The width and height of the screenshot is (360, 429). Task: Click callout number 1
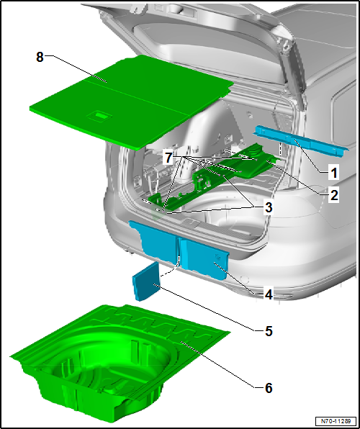pyautogui.click(x=333, y=173)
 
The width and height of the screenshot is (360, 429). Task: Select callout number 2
pyautogui.click(x=333, y=194)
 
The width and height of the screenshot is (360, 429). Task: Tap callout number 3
pyautogui.click(x=267, y=207)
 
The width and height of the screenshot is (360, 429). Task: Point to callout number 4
pyautogui.click(x=267, y=294)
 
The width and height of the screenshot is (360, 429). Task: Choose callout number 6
pyautogui.click(x=267, y=388)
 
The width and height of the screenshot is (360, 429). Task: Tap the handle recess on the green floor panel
pyautogui.click(x=98, y=114)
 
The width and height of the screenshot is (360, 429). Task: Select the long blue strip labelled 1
pyautogui.click(x=299, y=140)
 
